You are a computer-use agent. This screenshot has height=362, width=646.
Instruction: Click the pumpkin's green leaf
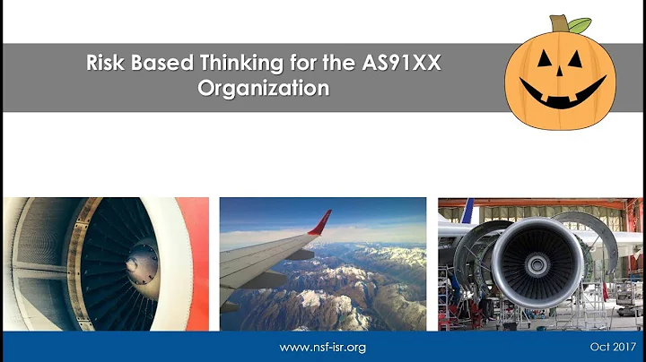(x=581, y=24)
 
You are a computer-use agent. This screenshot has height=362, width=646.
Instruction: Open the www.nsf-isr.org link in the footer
(x=323, y=347)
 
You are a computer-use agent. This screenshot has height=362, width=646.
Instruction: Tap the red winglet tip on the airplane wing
(x=320, y=222)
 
